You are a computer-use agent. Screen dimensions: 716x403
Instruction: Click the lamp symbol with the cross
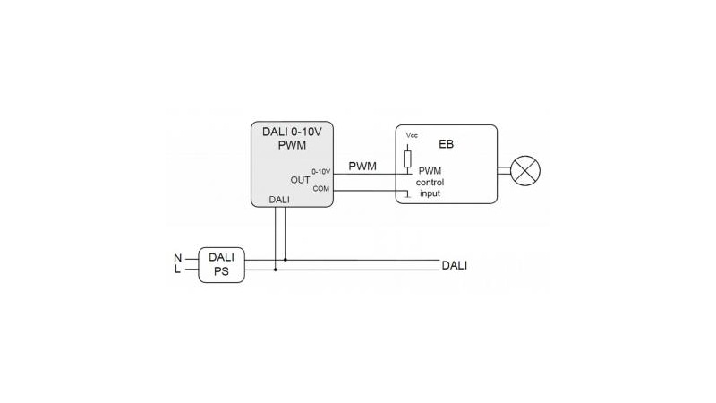pos(525,171)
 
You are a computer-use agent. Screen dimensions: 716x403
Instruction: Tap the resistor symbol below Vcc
pos(407,159)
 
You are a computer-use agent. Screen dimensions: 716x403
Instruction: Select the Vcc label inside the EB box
pos(412,135)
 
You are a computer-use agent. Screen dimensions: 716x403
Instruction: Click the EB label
pos(446,144)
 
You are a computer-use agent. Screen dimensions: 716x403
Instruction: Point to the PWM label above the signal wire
pos(362,167)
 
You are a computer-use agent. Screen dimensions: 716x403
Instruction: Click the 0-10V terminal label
pos(321,172)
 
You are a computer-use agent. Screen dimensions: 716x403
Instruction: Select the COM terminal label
pos(321,189)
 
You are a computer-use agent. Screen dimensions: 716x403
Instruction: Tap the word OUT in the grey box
pos(300,180)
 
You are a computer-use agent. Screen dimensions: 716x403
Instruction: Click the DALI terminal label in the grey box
pos(279,200)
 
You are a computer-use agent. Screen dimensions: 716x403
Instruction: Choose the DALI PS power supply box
pos(221,265)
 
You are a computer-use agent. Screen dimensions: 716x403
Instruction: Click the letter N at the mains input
pos(177,258)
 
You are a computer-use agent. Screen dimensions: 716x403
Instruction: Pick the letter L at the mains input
pos(177,270)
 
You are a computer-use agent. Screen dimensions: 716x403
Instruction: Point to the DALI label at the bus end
pos(455,265)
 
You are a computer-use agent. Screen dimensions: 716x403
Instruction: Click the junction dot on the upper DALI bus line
pos(286,260)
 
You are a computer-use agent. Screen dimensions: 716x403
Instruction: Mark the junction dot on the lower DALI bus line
pos(276,270)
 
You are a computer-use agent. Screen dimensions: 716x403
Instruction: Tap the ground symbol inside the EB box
pos(407,195)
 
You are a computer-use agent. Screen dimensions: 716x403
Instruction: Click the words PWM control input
pos(430,182)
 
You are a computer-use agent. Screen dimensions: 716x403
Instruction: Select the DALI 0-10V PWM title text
pos(292,139)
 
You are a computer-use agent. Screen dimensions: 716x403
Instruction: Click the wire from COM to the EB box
pos(371,190)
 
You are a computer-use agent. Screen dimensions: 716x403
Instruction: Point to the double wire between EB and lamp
pos(504,171)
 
